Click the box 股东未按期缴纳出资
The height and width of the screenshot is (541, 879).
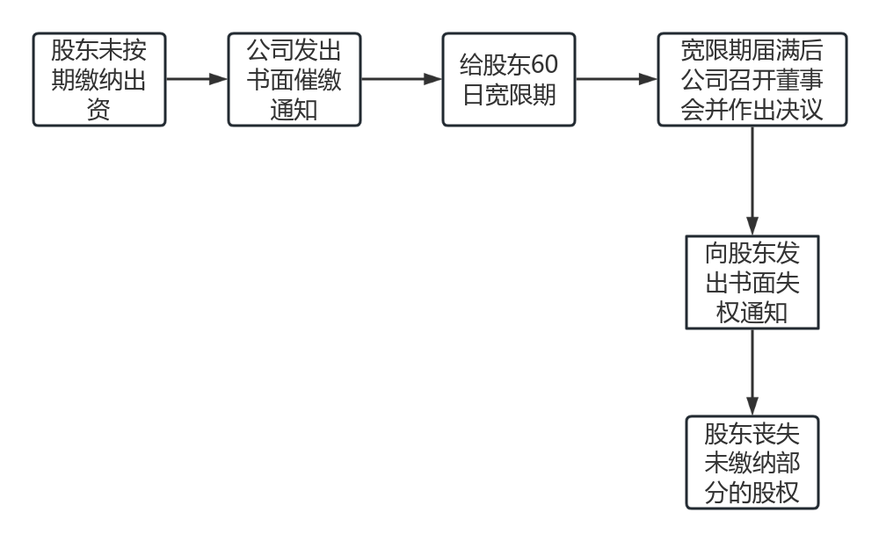[x=98, y=80]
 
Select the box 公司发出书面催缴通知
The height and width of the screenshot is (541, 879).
[x=294, y=80]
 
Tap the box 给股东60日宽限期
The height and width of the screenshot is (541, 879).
[x=509, y=80]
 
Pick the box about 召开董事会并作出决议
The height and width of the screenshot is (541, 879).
[x=752, y=80]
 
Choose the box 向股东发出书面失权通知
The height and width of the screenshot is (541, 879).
[x=752, y=283]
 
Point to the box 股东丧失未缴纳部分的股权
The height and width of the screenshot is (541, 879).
[x=752, y=462]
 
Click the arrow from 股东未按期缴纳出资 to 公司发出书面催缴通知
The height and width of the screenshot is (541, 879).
[x=196, y=79]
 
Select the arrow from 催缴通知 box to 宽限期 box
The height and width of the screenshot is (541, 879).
[x=401, y=79]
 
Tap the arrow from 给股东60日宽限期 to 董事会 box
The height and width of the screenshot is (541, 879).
[x=616, y=79]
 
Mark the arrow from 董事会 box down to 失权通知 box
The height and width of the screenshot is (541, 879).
[x=752, y=181]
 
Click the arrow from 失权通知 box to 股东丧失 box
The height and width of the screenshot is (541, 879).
[x=752, y=372]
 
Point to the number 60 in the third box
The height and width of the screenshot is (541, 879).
[x=545, y=66]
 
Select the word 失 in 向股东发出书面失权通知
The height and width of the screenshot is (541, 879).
[x=788, y=283]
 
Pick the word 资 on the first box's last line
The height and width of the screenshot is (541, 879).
[x=98, y=111]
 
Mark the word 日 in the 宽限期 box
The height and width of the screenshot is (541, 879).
[x=473, y=95]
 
